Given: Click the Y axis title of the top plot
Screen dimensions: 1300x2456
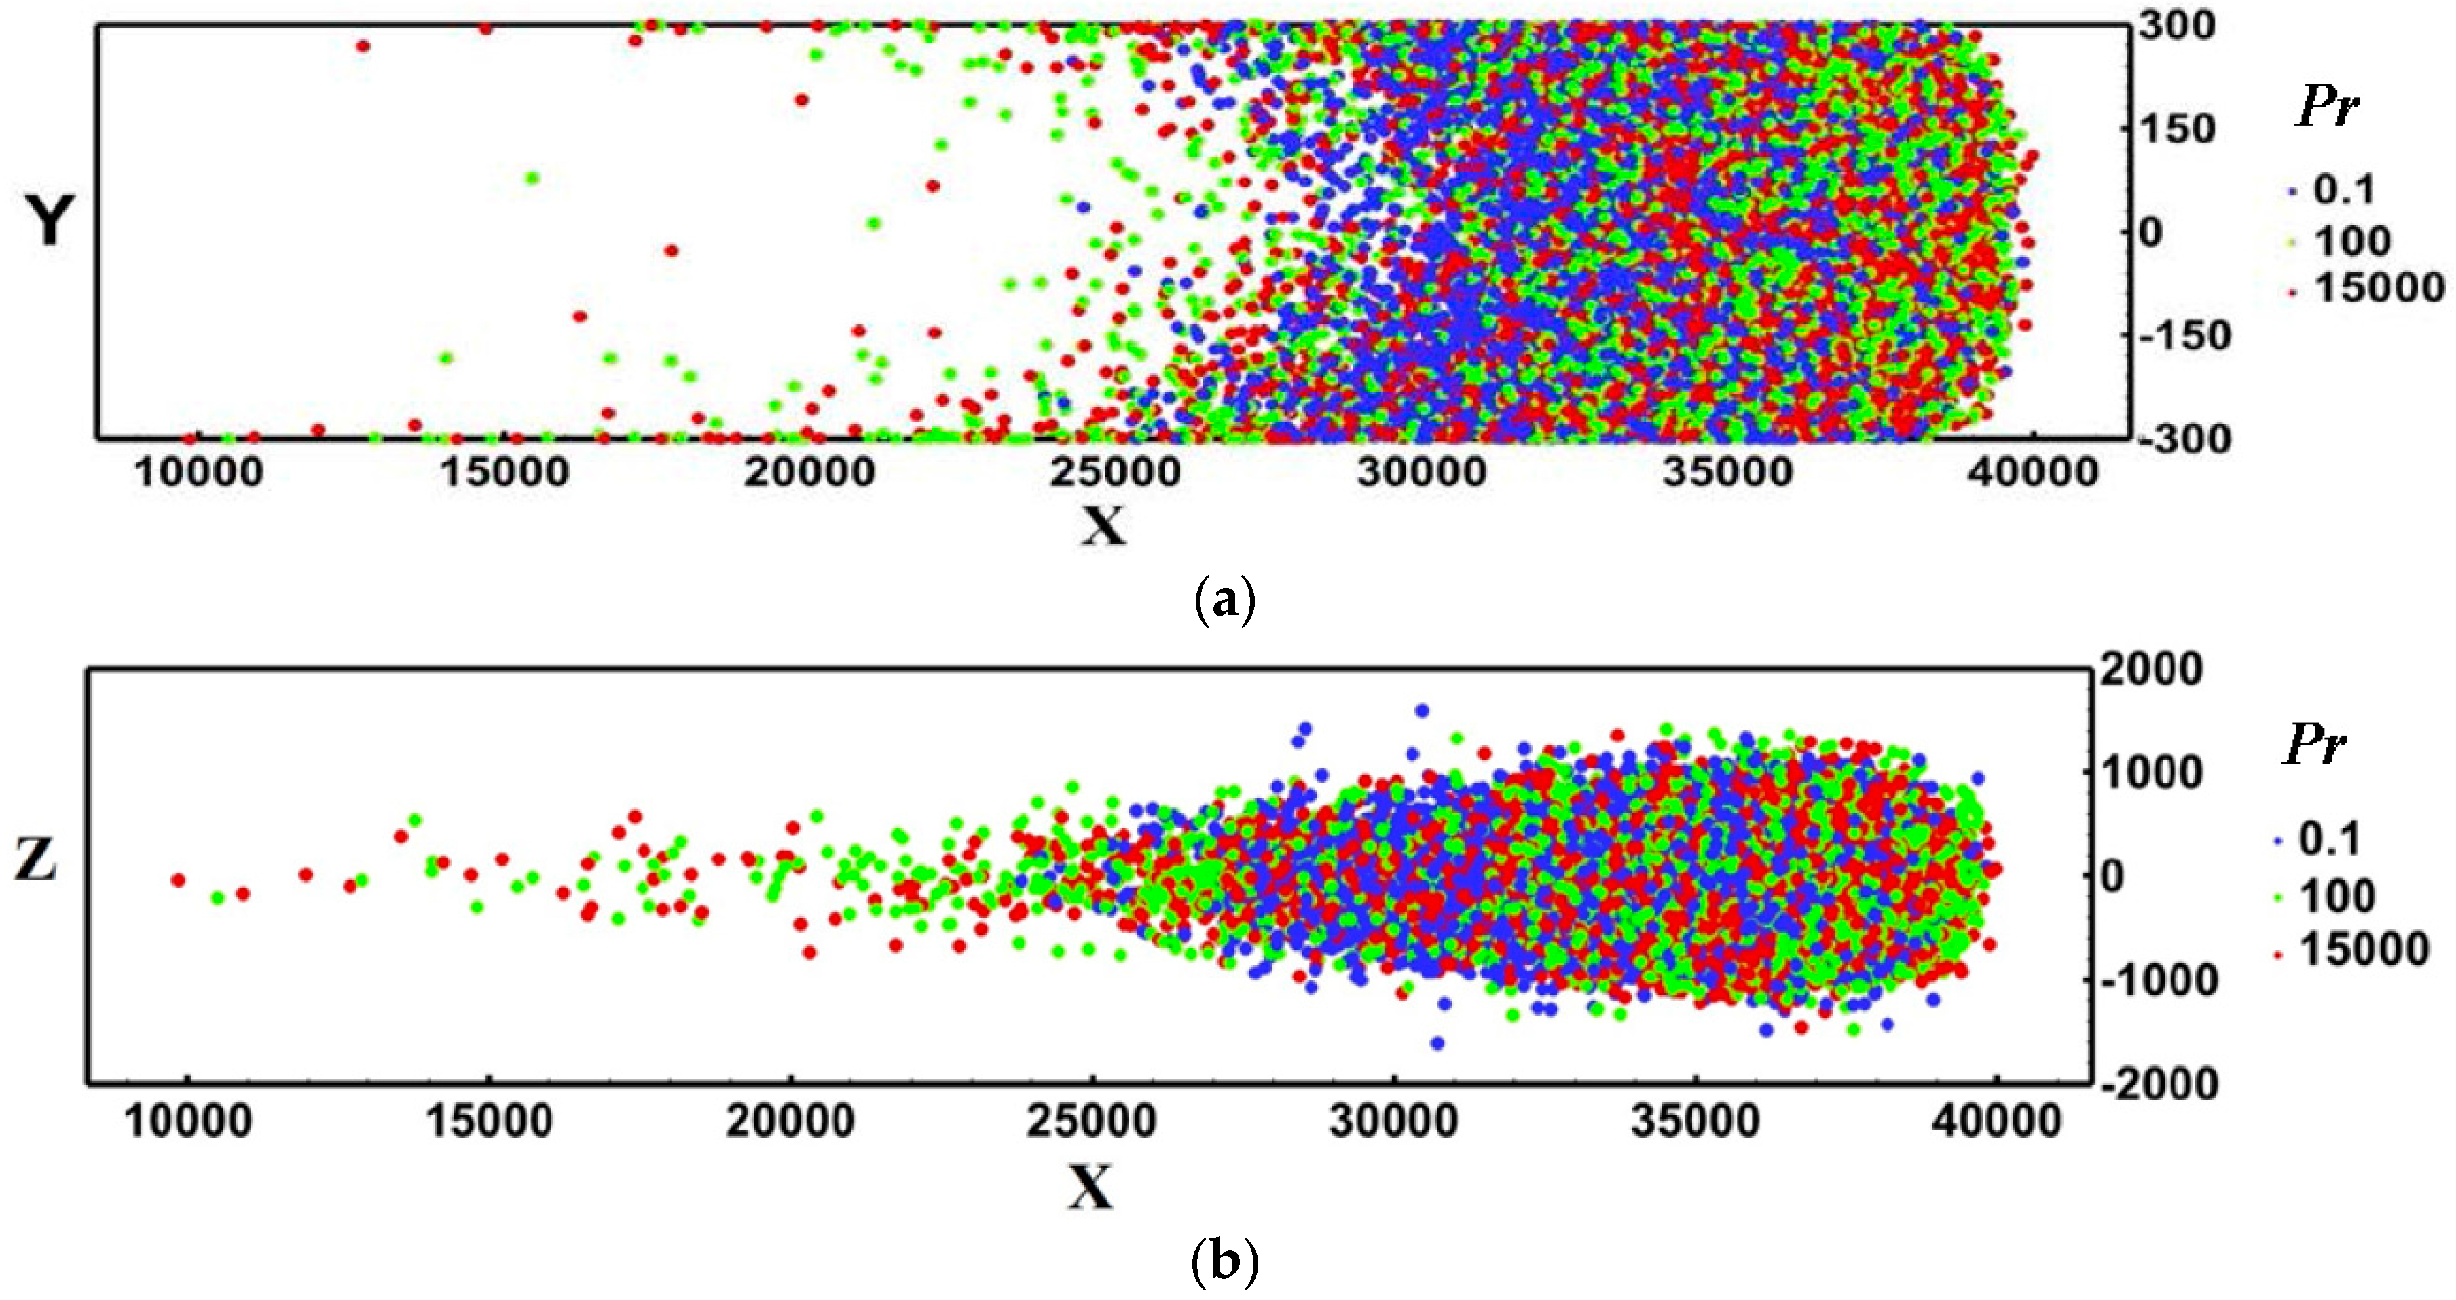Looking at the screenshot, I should (48, 222).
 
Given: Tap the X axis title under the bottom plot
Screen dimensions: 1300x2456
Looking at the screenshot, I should (1090, 1187).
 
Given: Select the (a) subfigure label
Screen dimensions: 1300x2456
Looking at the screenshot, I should (1224, 601).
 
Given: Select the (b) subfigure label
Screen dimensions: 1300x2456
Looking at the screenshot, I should (1224, 1263).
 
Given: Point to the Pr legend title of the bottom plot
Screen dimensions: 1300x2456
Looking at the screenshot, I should (2314, 746).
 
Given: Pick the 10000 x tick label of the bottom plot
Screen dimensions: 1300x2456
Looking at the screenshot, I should (188, 1121).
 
